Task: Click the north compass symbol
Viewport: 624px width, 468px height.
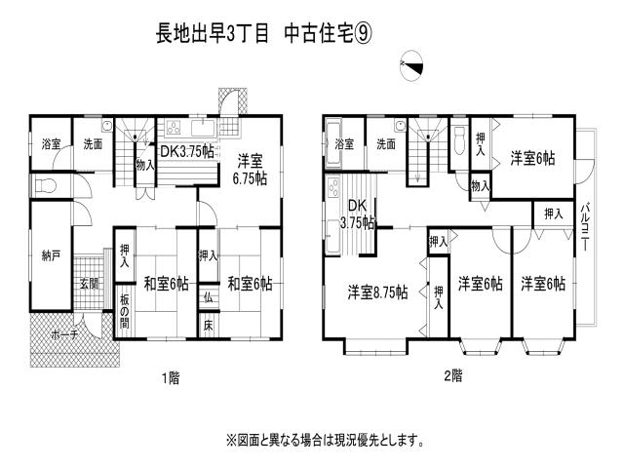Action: pyautogui.click(x=412, y=65)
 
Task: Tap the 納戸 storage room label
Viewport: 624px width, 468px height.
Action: pyautogui.click(x=52, y=256)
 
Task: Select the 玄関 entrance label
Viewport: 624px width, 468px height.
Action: pyautogui.click(x=90, y=284)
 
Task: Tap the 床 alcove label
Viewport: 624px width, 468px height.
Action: pyautogui.click(x=209, y=325)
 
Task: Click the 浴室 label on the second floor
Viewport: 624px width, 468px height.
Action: pyautogui.click(x=344, y=144)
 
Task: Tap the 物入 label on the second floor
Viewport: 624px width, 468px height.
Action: pyautogui.click(x=480, y=185)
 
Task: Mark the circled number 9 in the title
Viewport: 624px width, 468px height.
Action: pyautogui.click(x=365, y=32)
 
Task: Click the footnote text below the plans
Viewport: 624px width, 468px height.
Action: pyautogui.click(x=326, y=440)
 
